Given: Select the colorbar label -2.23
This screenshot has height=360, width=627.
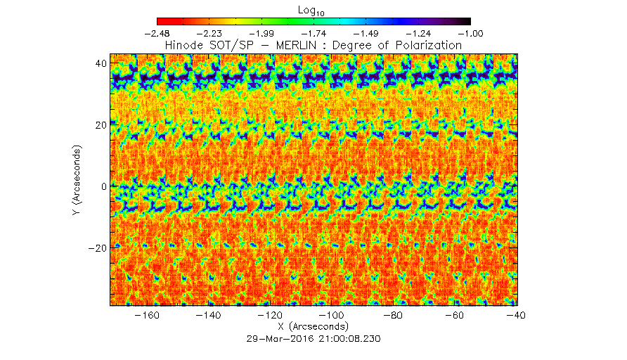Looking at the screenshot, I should coord(209,33).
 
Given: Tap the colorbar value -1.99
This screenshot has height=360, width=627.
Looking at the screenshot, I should coord(261,33).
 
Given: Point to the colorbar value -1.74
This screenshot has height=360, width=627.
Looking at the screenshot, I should coord(313,33).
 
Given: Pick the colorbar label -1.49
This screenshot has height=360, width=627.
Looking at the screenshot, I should coord(366,33).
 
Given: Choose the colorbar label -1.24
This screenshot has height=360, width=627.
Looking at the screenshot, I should coord(418,33).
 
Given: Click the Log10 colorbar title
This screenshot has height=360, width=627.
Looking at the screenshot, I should coord(313,11).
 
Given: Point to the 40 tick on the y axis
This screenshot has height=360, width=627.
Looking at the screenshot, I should coord(101,63).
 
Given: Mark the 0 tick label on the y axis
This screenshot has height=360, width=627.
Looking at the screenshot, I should coord(103,186).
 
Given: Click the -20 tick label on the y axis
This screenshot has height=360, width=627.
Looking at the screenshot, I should coord(97,248).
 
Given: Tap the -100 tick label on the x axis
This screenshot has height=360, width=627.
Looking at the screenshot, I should coord(332,316).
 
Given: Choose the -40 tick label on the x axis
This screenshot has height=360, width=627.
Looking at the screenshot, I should coord(518,316).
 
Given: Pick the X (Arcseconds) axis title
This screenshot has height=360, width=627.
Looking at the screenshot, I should coord(313,327).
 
